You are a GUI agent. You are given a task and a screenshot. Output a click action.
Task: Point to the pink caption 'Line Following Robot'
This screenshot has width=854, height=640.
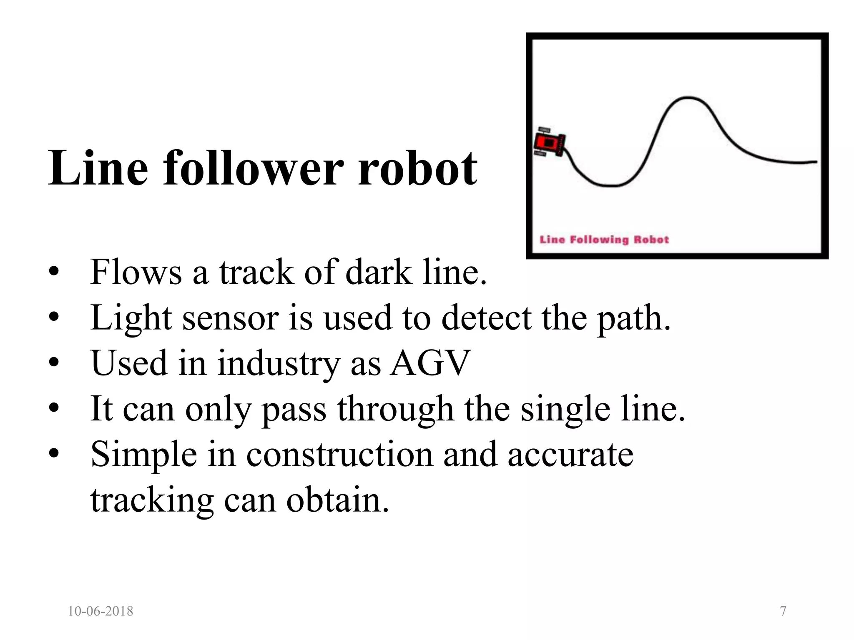(604, 240)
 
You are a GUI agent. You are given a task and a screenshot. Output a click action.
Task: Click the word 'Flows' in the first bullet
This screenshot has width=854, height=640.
(136, 272)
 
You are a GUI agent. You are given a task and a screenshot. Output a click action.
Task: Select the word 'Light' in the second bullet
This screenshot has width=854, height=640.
(131, 318)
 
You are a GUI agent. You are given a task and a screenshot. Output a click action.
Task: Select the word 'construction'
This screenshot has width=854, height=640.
(339, 454)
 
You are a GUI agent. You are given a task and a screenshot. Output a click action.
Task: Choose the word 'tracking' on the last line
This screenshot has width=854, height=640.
(152, 500)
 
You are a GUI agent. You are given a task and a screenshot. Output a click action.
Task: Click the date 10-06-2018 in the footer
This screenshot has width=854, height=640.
(100, 611)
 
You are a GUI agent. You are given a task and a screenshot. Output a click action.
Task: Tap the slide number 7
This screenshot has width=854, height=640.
(783, 611)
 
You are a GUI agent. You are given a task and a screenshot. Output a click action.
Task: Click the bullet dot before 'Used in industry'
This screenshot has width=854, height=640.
(53, 363)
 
